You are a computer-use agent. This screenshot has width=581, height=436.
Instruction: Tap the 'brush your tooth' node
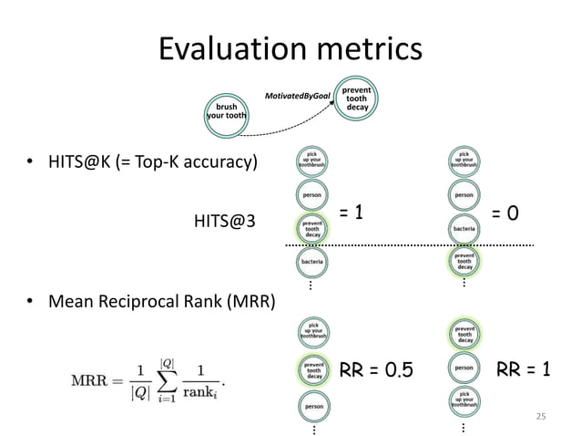coord(225,111)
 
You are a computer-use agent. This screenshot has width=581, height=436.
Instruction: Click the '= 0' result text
coord(505,213)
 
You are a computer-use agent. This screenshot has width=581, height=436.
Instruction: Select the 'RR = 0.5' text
coord(375,370)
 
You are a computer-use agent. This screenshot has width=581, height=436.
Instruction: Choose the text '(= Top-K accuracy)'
coord(198,163)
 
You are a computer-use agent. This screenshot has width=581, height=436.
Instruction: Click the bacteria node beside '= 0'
coord(464,227)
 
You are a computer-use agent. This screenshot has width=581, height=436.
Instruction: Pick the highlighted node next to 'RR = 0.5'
coord(312,369)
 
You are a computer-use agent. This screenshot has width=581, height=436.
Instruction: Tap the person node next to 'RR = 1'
coord(464,369)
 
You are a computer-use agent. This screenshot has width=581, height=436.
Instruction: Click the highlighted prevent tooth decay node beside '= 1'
coord(312,228)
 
